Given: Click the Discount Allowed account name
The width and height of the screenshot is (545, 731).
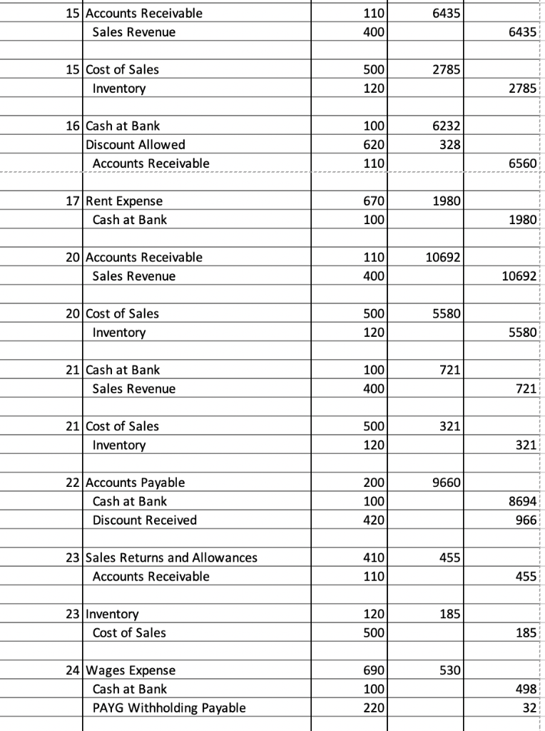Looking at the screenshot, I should [x=135, y=145].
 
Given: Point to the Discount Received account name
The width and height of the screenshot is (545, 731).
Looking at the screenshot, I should [x=144, y=520].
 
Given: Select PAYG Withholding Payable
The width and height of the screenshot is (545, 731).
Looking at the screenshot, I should [x=169, y=707].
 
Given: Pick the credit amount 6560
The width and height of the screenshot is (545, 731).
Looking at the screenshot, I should [x=524, y=163].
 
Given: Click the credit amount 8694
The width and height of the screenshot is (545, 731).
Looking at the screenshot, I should [x=524, y=502].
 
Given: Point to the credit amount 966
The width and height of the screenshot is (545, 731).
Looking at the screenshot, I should [x=529, y=520].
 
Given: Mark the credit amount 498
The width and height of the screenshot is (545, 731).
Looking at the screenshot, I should [x=529, y=689].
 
